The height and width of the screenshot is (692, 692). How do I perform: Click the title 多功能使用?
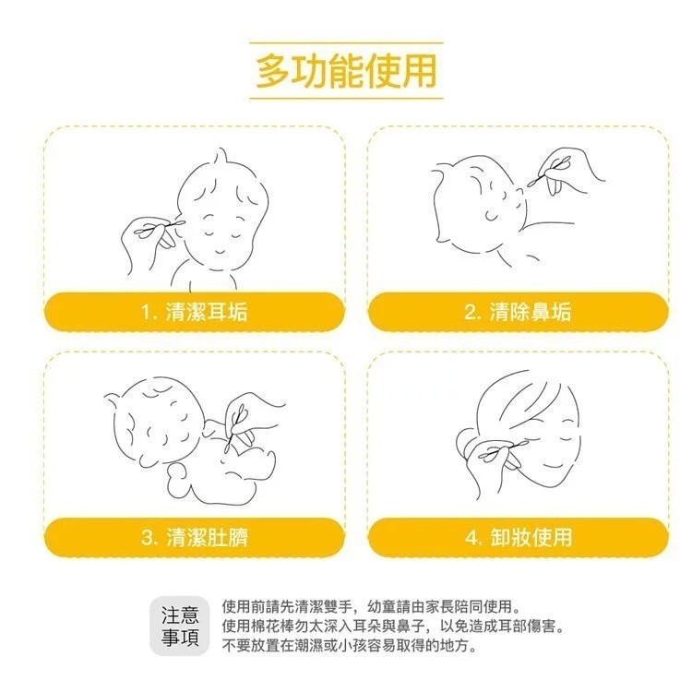point(346,71)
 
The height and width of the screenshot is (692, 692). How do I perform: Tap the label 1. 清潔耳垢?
point(195,312)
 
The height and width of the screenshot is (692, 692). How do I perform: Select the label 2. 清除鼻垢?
point(518,312)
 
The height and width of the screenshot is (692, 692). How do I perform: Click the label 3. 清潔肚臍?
point(195,537)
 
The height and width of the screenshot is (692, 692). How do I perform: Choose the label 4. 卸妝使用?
point(518,537)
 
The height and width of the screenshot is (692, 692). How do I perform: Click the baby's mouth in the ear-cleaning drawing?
point(218,251)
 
